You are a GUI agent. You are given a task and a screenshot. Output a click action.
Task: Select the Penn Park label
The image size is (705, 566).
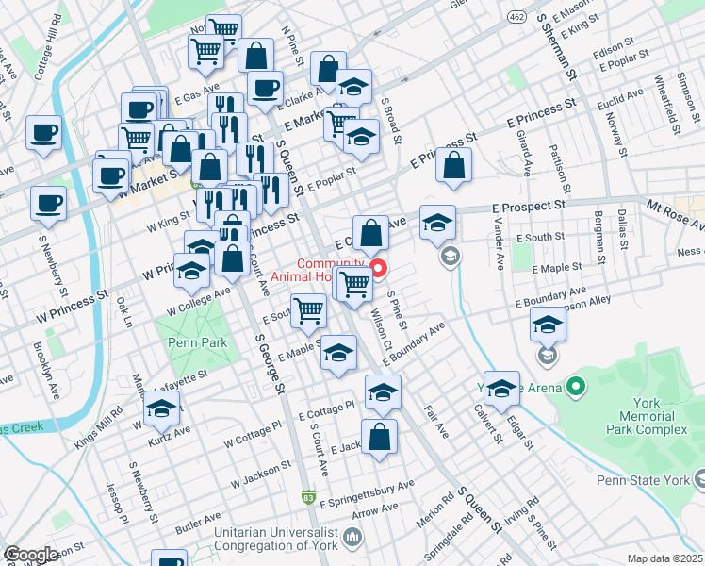click(x=191, y=342)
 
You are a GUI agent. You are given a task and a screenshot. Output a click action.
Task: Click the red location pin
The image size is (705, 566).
click(x=379, y=269)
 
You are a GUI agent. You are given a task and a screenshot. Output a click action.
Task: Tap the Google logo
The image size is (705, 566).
click(x=31, y=555)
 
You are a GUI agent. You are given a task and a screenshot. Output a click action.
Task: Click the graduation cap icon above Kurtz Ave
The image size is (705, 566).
click(x=162, y=409)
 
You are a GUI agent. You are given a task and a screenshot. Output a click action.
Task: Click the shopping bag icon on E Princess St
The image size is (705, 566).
click(x=454, y=165)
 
